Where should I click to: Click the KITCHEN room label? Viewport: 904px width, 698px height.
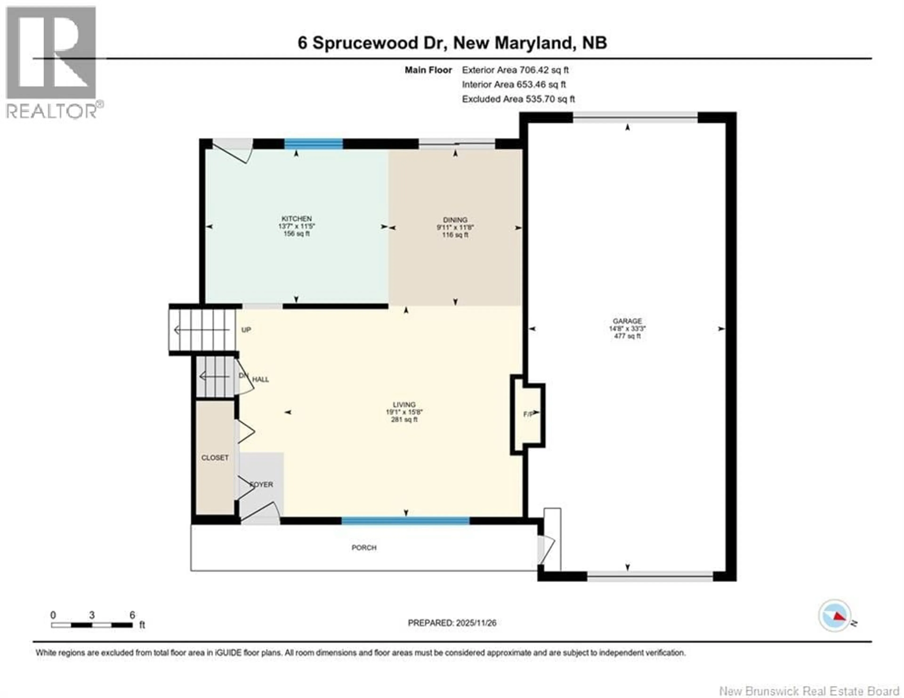pos(296,219)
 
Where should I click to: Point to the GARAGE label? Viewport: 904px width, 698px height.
pos(627,321)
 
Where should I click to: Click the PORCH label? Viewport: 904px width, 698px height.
pos(364,548)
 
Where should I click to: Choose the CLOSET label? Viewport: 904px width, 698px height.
pos(215,458)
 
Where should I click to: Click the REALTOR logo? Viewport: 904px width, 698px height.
pos(52,62)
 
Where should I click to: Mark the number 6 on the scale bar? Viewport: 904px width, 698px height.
pos(132,615)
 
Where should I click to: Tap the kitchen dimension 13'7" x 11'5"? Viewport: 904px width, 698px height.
pos(296,226)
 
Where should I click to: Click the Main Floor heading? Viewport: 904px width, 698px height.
pos(428,70)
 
